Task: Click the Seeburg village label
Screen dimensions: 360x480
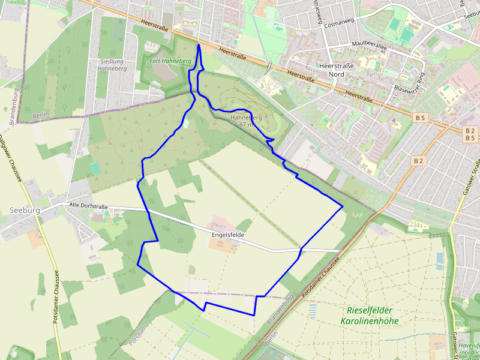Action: click(25, 211)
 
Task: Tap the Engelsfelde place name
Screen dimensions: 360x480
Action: click(228, 236)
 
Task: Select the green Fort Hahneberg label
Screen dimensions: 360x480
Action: click(170, 61)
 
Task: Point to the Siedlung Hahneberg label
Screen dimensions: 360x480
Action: click(111, 65)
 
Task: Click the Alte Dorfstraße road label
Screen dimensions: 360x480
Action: click(89, 206)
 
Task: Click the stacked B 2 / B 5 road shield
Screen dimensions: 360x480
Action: click(470, 134)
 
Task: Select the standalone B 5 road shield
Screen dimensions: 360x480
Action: click(419, 118)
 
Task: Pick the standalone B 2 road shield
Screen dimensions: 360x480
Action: click(418, 161)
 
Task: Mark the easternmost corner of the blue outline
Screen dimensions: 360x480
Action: click(342, 207)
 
